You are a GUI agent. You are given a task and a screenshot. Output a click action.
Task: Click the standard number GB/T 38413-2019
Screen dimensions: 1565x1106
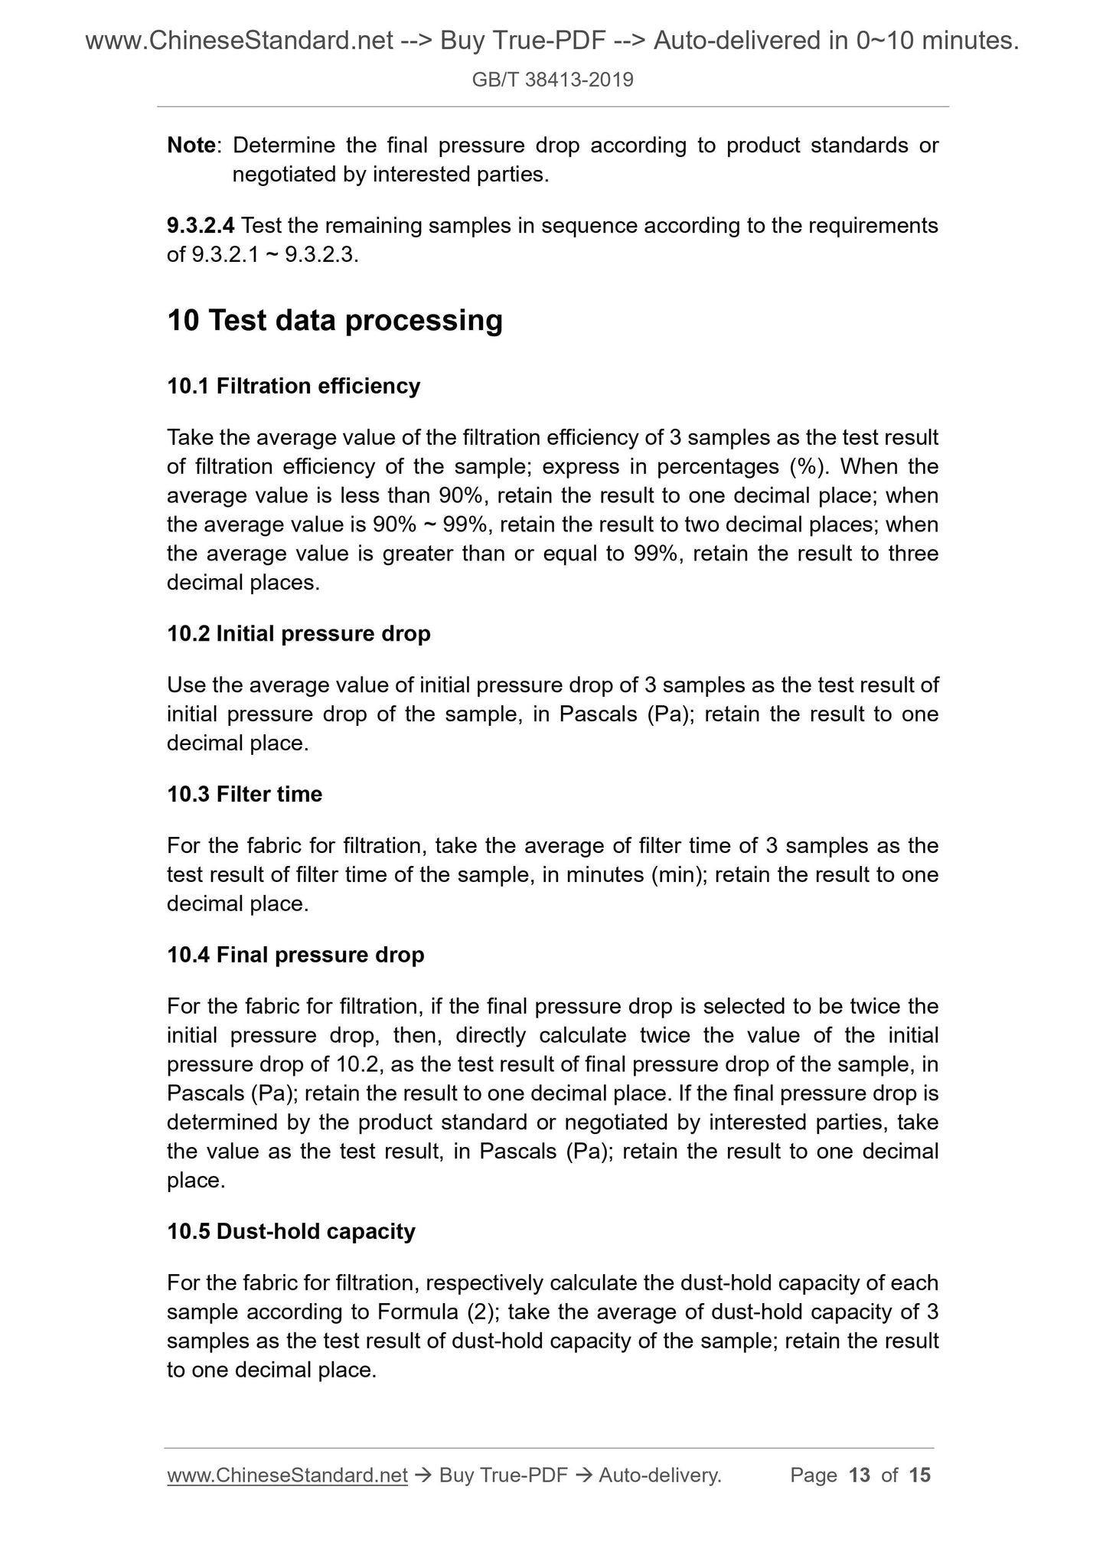point(553,80)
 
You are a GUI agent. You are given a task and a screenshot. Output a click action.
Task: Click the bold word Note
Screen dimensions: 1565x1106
point(191,145)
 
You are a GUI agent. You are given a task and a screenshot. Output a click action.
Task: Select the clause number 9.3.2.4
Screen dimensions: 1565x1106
point(201,226)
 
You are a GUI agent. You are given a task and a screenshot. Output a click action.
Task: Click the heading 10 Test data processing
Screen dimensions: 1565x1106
point(334,320)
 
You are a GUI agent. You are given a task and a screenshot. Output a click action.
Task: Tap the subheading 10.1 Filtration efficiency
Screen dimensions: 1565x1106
point(293,386)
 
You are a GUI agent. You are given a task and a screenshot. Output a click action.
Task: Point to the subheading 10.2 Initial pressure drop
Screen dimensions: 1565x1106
point(299,634)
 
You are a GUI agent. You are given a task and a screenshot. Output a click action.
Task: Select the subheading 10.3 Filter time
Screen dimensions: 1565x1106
point(244,795)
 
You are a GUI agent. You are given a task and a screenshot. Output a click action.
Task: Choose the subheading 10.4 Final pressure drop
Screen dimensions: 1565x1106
point(295,955)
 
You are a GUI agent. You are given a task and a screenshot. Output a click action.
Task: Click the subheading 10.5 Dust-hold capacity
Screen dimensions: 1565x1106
point(291,1231)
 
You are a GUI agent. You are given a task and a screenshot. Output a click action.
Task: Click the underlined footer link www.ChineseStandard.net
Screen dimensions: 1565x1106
point(287,1475)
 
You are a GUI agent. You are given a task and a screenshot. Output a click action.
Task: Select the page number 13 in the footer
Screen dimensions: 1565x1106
point(860,1475)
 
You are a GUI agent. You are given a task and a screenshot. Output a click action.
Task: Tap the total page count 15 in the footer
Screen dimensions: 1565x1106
point(919,1475)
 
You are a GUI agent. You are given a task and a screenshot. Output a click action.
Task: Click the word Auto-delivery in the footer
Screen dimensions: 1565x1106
point(659,1475)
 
